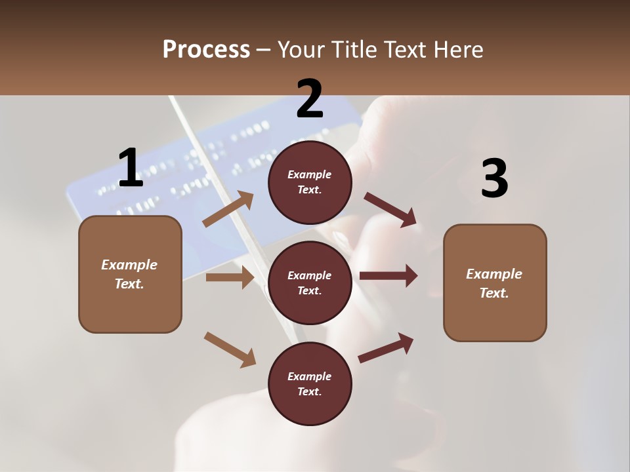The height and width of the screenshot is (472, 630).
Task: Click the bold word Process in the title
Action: [206, 50]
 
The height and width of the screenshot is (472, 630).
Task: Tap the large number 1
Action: [130, 168]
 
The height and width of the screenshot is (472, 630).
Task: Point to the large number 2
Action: [310, 99]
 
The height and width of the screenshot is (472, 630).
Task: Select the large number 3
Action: [494, 178]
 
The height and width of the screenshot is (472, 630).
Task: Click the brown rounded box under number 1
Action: [130, 274]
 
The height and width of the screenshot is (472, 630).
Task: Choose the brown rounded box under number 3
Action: [495, 283]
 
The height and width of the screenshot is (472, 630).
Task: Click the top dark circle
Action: [310, 182]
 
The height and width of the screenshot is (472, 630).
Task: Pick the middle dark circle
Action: [310, 283]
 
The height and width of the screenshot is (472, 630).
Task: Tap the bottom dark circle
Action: [310, 383]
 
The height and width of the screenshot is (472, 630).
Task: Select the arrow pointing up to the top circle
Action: [228, 209]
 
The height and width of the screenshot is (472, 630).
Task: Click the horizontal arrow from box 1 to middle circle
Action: [230, 277]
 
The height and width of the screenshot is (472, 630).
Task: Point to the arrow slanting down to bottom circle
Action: [230, 349]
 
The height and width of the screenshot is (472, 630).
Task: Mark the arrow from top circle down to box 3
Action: [390, 209]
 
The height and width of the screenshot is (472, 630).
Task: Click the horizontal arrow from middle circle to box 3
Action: [388, 275]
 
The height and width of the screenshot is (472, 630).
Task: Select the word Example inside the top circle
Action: [310, 175]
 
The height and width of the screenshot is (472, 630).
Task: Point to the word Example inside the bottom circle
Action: [310, 376]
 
